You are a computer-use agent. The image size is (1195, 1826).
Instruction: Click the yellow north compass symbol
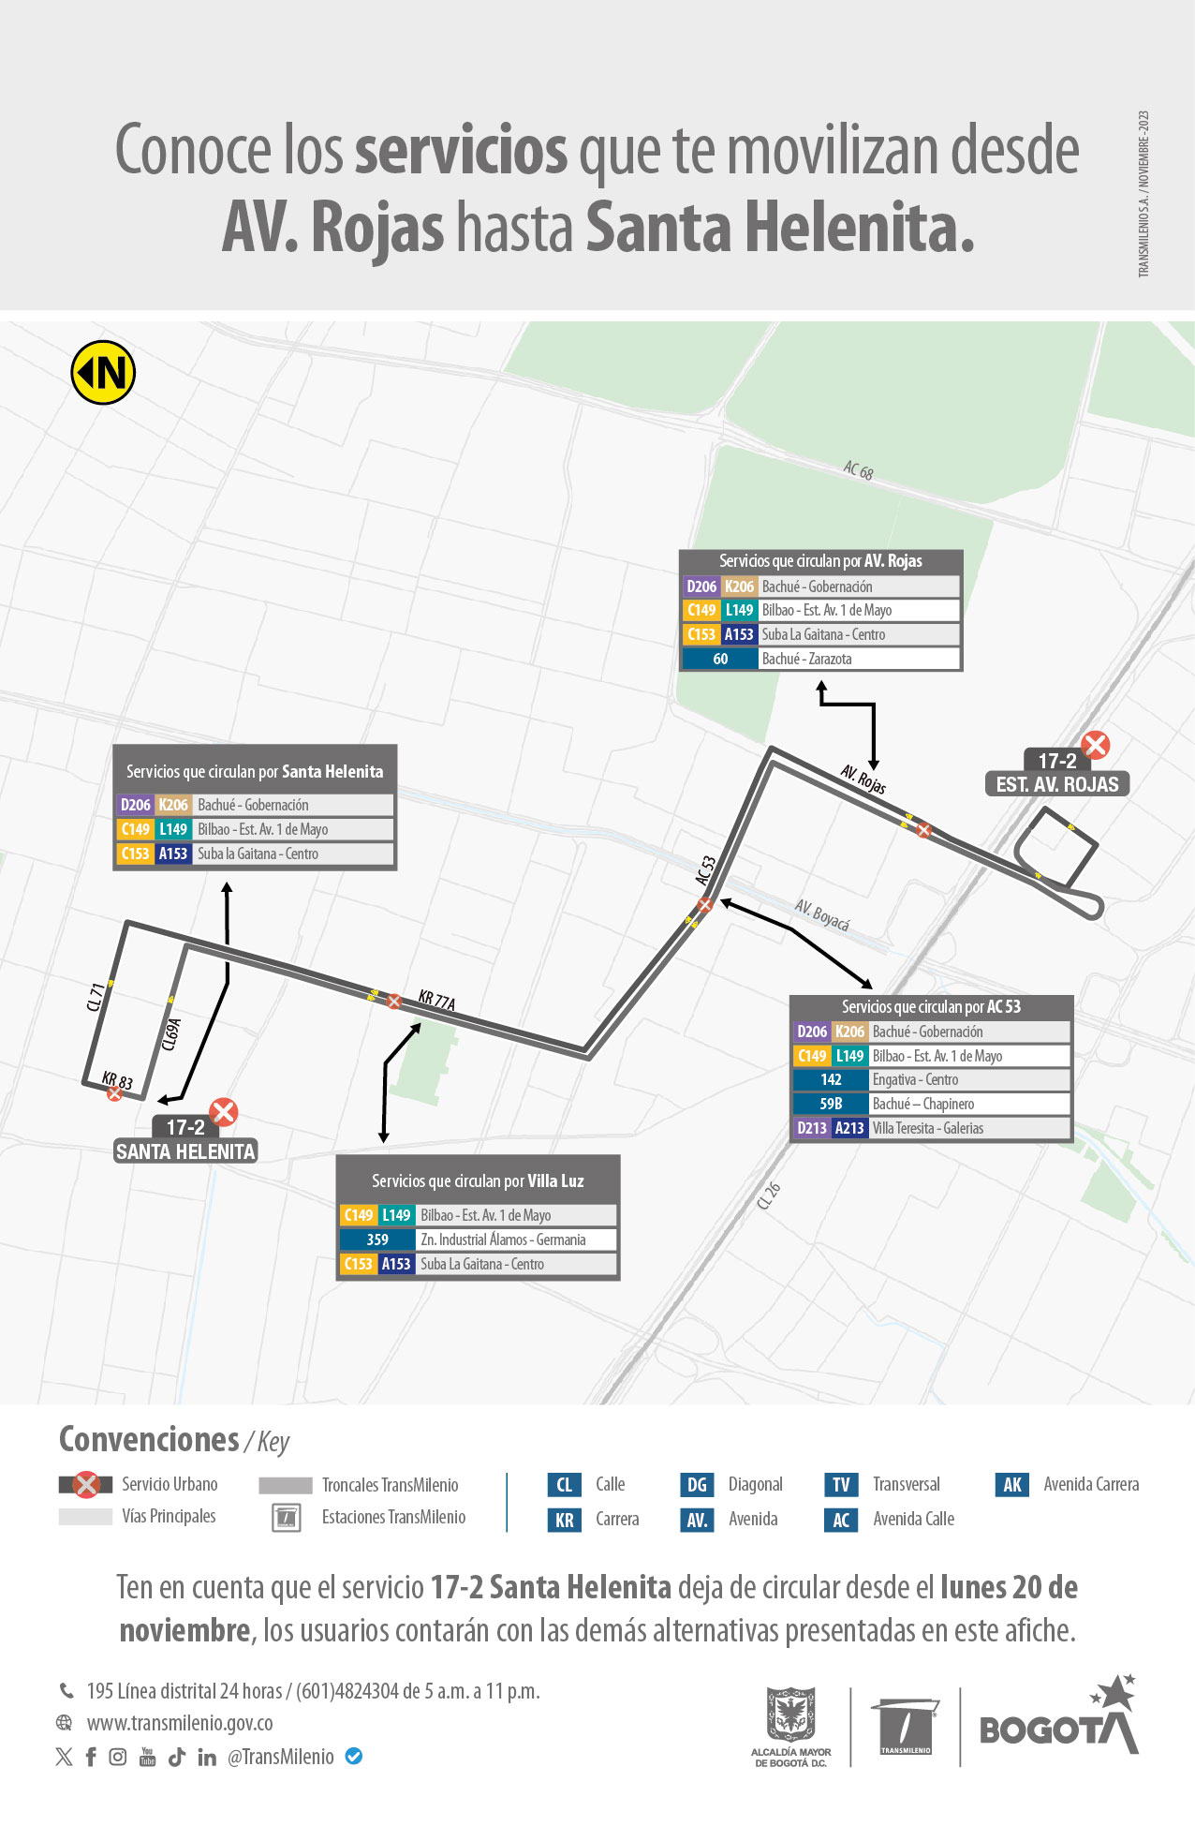pyautogui.click(x=103, y=372)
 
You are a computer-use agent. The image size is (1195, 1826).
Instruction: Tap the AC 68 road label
pyautogui.click(x=858, y=470)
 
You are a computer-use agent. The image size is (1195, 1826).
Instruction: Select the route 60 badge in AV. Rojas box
pyautogui.click(x=720, y=659)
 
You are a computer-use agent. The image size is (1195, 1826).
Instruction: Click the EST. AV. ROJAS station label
pyautogui.click(x=1057, y=784)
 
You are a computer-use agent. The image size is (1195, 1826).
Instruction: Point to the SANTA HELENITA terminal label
pyautogui.click(x=185, y=1151)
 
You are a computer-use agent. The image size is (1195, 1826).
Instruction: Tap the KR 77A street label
pyautogui.click(x=436, y=1001)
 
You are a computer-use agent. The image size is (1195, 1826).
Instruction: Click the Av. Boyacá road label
pyautogui.click(x=822, y=915)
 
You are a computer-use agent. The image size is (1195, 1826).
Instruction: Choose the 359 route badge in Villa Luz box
pyautogui.click(x=377, y=1240)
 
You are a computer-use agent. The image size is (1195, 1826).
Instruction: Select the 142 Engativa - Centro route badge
pyautogui.click(x=831, y=1079)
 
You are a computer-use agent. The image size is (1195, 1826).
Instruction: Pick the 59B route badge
pyautogui.click(x=831, y=1104)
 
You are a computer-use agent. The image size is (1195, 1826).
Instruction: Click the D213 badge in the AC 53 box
pyautogui.click(x=811, y=1128)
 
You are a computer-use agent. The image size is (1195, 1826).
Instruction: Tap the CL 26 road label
pyautogui.click(x=769, y=1196)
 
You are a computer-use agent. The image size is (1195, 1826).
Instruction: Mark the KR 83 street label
pyautogui.click(x=118, y=1080)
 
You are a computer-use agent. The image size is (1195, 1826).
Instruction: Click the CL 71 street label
pyautogui.click(x=96, y=997)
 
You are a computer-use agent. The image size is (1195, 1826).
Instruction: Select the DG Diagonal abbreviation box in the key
pyautogui.click(x=697, y=1484)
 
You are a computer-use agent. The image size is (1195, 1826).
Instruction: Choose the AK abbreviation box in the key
pyautogui.click(x=1012, y=1484)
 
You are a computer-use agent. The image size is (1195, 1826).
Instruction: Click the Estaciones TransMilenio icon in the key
pyautogui.click(x=286, y=1517)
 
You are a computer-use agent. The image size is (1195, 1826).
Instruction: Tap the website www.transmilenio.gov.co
pyautogui.click(x=180, y=1723)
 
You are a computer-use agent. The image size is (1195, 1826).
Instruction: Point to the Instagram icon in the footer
pyautogui.click(x=118, y=1757)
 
